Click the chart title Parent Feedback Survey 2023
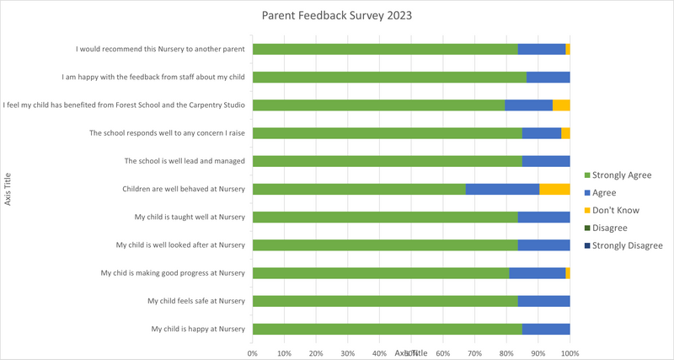pos(336,15)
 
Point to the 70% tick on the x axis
pos(474,352)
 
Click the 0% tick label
pos(252,352)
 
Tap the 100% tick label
pos(570,352)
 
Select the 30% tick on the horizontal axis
pos(347,352)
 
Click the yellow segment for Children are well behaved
pos(554,189)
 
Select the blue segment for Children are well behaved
pos(502,189)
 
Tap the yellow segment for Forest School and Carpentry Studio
pos(561,105)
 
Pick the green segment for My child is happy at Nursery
pos(387,329)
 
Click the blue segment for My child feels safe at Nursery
pos(543,301)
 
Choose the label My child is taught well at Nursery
pos(190,217)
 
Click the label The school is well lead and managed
pos(185,161)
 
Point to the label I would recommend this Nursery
pos(160,50)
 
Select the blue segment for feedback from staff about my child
pos(548,78)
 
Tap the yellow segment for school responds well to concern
pos(565,133)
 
